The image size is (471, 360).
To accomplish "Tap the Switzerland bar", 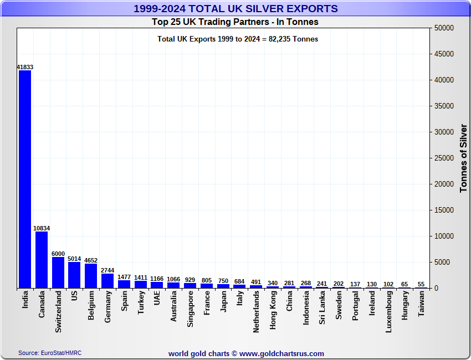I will (58, 272).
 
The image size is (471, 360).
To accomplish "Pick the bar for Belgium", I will (91, 276).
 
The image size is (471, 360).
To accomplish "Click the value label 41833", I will (25, 67).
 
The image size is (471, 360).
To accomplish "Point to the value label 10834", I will (42, 228).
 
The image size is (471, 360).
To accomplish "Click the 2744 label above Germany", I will (107, 270).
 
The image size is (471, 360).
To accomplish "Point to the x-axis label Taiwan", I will (421, 304).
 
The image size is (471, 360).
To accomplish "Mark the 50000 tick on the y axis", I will (444, 28).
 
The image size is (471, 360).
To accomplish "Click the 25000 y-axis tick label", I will (444, 158).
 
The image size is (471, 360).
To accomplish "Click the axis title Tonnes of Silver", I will (464, 158).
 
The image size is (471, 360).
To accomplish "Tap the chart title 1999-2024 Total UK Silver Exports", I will (235, 8).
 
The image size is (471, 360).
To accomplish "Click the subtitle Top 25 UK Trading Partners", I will (235, 22).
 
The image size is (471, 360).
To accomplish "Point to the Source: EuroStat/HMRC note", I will (50, 353).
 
